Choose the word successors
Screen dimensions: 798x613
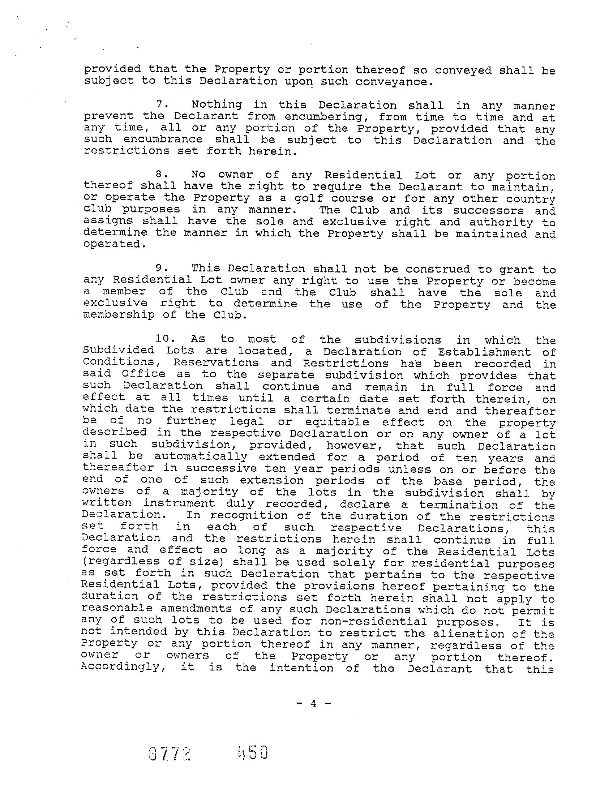(x=490, y=211)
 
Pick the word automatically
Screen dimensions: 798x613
(x=201, y=457)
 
